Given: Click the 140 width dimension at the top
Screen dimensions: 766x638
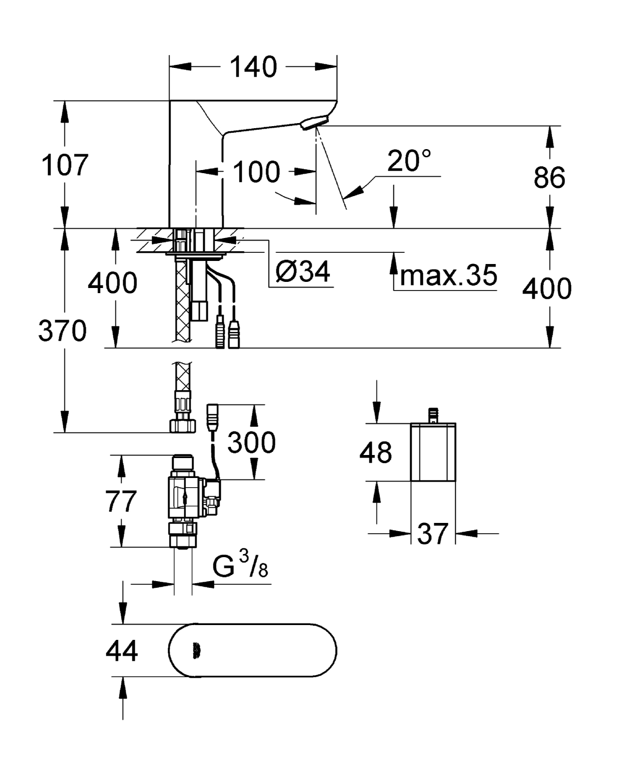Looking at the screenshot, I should point(253,67).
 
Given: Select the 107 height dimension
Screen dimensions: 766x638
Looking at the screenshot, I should point(64,165).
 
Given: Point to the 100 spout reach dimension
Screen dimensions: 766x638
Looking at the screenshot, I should point(256,172).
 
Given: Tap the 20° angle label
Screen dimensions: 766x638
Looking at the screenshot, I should point(409,161).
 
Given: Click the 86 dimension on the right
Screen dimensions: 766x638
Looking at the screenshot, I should point(549,178).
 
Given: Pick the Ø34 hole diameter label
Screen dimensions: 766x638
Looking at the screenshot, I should point(303,271).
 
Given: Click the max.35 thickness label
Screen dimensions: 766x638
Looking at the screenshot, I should point(448,275).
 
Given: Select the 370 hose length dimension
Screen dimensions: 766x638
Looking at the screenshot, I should point(62,331).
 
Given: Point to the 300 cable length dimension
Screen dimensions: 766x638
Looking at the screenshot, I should point(251,442).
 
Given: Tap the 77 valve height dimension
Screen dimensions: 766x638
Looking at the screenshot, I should point(121,501).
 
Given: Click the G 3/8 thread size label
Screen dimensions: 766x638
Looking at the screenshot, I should point(240,566).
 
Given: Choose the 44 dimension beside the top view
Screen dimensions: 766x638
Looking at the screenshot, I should point(122,651).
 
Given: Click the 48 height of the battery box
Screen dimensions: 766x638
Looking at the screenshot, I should point(375,452).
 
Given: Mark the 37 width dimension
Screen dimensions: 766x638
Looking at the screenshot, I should point(433,534).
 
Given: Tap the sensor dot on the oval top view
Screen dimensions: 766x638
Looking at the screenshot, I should point(197,650).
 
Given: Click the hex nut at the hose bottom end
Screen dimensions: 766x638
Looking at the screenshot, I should point(182,425).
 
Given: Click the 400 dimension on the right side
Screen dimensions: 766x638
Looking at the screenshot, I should point(547,289).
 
